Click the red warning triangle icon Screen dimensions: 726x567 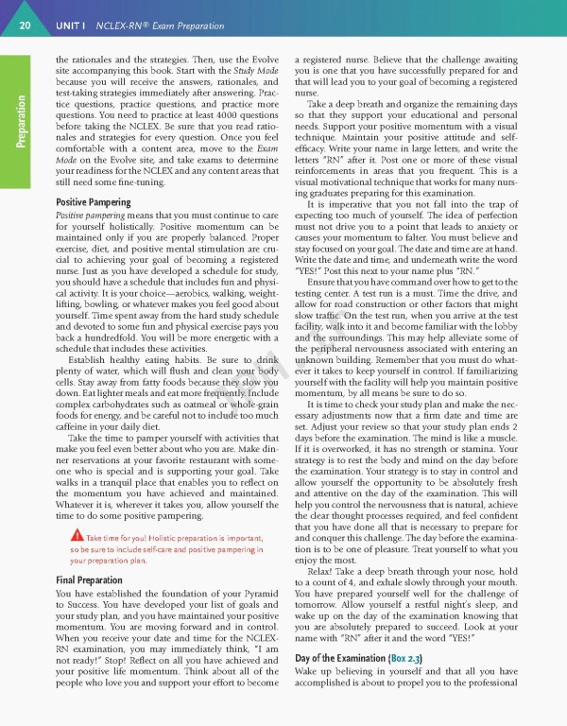[63, 538]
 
